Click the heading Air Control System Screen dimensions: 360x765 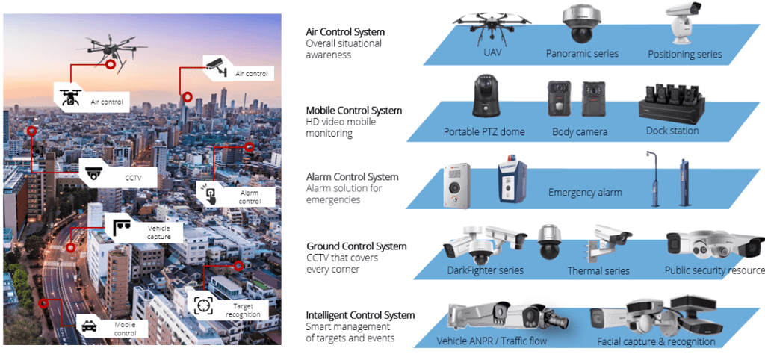coord(345,32)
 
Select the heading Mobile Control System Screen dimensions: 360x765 coord(353,111)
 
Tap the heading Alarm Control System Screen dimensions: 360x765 coord(352,177)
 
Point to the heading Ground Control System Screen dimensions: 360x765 coord(356,246)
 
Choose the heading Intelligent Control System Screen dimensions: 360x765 coord(360,315)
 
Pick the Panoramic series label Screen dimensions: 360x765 coord(582,54)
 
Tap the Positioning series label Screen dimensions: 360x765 coord(684,54)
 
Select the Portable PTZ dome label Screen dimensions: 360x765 coord(484,132)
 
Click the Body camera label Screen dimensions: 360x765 coord(580,132)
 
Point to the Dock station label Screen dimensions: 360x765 coord(672,131)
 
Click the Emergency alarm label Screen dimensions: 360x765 coord(585,193)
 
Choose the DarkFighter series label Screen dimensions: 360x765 coord(486,270)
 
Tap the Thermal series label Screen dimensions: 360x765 coord(598,271)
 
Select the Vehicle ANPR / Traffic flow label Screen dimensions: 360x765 coord(492,341)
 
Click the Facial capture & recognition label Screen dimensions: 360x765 coord(656,342)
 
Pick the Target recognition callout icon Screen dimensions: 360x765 coord(203,305)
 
